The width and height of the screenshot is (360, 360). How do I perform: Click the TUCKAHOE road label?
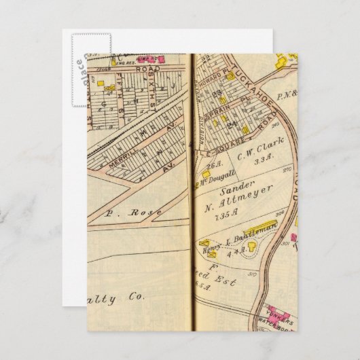pos(240,86)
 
